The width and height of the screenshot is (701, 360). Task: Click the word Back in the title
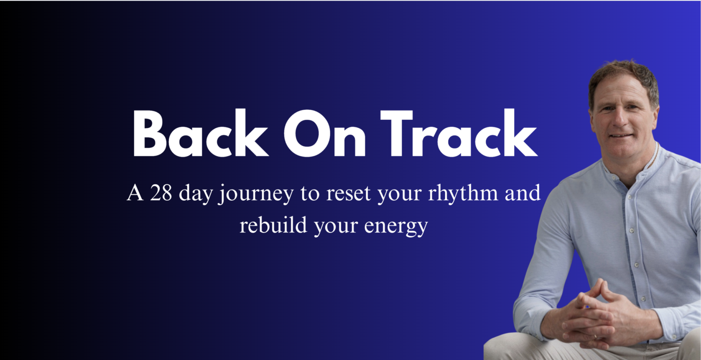coord(201,133)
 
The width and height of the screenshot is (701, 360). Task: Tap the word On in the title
coord(325,133)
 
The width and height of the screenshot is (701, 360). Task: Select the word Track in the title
coord(459,133)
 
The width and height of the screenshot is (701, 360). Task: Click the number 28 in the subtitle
coord(161,193)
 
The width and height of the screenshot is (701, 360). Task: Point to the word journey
coord(256,194)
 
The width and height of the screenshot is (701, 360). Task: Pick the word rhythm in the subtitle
coord(463,193)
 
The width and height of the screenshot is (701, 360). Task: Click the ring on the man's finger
coord(595,337)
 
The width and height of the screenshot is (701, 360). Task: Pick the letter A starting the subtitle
coord(135,193)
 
